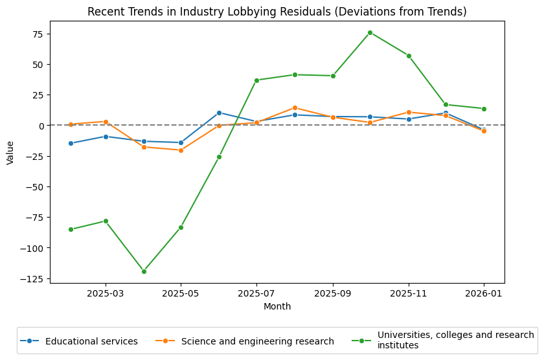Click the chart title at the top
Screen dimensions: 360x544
point(277,12)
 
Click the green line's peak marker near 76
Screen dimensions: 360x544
point(370,32)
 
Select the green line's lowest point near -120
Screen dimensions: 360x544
point(144,271)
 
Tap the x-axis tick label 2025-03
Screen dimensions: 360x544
point(106,293)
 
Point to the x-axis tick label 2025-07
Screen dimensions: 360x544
point(256,293)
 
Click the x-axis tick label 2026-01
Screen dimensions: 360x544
point(484,293)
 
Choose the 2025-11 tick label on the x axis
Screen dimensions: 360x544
point(409,293)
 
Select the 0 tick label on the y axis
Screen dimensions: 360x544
point(40,126)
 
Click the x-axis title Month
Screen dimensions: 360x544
point(277,306)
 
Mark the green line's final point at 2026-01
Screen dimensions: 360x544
point(484,109)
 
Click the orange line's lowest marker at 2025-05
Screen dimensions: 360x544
point(181,150)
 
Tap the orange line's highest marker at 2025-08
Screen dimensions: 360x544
point(295,108)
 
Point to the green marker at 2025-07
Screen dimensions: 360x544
point(256,80)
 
